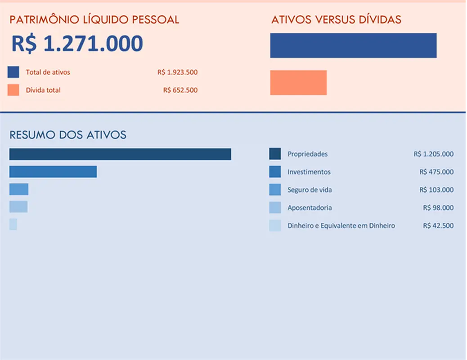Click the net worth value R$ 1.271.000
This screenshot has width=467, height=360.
tap(77, 44)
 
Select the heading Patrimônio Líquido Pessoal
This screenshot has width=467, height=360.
tap(94, 20)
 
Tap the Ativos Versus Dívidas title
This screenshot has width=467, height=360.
tap(336, 20)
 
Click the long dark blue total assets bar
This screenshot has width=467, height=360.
tap(353, 45)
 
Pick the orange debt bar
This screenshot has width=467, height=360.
tap(298, 82)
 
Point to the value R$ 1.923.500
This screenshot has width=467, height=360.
tap(177, 72)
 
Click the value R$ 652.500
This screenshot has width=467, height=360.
tap(180, 90)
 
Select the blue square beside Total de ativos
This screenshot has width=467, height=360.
tap(13, 72)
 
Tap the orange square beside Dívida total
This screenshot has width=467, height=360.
tap(13, 90)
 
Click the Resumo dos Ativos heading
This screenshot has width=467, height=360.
tap(68, 135)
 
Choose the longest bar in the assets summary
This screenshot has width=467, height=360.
tap(120, 154)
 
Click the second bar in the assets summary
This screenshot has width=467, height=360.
tap(53, 171)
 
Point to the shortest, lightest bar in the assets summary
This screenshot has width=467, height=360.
tap(13, 224)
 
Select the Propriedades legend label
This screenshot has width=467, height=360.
tap(308, 154)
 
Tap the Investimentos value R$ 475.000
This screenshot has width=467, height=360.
tap(436, 172)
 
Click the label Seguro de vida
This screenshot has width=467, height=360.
tap(310, 190)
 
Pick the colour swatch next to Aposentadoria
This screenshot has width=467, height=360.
tap(275, 207)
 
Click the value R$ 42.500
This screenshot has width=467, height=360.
tap(438, 225)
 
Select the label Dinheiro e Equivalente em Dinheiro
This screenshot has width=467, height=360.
tap(341, 225)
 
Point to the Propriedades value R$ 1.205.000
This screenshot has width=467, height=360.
tap(433, 154)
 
